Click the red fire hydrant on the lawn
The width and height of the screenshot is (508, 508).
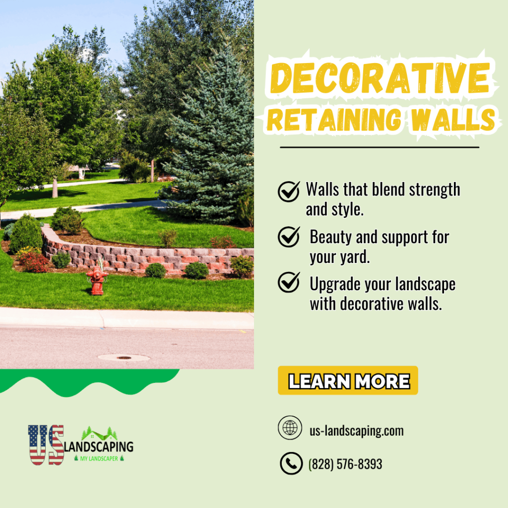(x=97, y=280)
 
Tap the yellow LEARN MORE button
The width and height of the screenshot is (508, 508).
(x=348, y=381)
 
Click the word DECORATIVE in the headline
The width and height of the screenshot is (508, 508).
(x=380, y=78)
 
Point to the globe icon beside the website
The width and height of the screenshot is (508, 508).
(x=290, y=428)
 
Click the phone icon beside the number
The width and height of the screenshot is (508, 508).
(x=291, y=463)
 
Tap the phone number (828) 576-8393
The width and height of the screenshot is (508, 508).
(x=345, y=464)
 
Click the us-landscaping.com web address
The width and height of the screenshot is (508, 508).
(x=357, y=431)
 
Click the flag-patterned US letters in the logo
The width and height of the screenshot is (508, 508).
(x=46, y=445)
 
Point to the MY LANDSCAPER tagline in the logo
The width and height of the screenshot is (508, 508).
(x=99, y=458)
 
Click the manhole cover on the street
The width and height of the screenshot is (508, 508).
(x=124, y=358)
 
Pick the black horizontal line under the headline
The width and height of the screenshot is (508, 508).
(x=380, y=147)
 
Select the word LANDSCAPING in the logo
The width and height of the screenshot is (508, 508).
(x=99, y=446)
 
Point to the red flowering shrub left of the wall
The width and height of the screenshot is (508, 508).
(x=33, y=262)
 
